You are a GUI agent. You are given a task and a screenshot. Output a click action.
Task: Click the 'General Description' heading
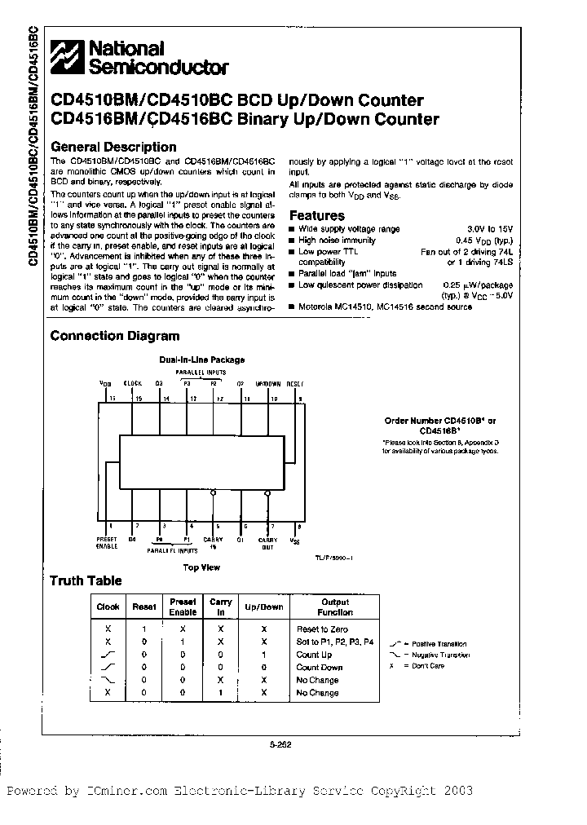pyautogui.click(x=113, y=148)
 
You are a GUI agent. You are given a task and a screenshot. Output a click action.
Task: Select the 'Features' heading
pyautogui.click(x=317, y=216)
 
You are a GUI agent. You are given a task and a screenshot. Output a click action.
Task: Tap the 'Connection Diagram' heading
pyautogui.click(x=115, y=336)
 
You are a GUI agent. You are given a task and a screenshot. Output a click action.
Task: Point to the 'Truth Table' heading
pyautogui.click(x=86, y=581)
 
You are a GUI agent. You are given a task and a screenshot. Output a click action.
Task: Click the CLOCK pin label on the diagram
pyautogui.click(x=132, y=382)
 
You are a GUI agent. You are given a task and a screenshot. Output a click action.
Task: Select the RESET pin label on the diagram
pyautogui.click(x=295, y=382)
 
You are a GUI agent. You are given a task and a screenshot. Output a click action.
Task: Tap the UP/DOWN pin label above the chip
pyautogui.click(x=268, y=382)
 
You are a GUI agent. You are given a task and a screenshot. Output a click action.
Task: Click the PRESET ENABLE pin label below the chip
pyautogui.click(x=107, y=542)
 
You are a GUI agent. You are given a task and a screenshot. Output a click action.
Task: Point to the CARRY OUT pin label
pyautogui.click(x=268, y=542)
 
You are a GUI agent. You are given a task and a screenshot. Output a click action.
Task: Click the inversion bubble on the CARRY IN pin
pyautogui.click(x=214, y=492)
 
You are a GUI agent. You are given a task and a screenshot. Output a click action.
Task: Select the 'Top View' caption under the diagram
pyautogui.click(x=201, y=567)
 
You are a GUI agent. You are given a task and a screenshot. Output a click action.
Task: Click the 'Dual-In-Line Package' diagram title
pyautogui.click(x=201, y=360)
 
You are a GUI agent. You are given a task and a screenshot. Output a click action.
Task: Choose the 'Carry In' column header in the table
pyautogui.click(x=221, y=607)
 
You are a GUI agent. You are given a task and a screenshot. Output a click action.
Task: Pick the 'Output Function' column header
pyautogui.click(x=335, y=607)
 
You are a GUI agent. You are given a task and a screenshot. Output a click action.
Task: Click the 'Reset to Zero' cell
pyautogui.click(x=321, y=629)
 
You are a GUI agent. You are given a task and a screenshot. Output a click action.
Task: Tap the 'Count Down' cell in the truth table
pyautogui.click(x=320, y=668)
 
